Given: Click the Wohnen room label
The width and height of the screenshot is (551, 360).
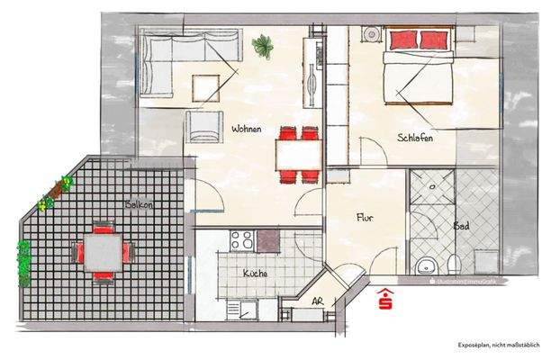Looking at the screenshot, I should (246, 130).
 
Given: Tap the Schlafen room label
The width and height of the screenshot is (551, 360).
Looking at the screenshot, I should (415, 138).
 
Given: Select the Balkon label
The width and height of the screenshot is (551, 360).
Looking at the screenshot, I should (140, 205).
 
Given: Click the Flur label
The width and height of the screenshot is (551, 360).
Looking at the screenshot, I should (364, 217).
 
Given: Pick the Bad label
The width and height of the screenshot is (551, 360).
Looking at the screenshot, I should (461, 226).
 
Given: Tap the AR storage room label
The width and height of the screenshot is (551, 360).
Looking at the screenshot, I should (317, 302).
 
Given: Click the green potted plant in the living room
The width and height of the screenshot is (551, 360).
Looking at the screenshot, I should (264, 45).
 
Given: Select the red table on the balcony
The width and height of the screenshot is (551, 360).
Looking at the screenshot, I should (104, 250).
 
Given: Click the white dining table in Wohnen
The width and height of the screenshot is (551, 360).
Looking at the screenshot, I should (298, 154).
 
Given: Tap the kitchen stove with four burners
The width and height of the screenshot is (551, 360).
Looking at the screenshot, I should (241, 240).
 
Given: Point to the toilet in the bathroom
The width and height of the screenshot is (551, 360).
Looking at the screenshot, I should (428, 265).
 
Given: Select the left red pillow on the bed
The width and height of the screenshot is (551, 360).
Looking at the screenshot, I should (402, 40).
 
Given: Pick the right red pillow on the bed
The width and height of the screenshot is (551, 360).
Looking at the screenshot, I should (433, 40).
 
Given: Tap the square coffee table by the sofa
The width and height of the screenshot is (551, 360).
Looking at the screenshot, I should (206, 87).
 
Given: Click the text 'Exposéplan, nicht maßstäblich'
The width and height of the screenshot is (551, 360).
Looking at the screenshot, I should (496, 345).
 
